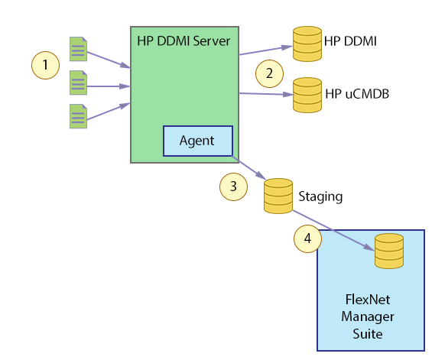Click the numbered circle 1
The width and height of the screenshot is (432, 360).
click(x=45, y=65)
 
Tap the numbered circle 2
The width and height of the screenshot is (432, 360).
click(x=268, y=73)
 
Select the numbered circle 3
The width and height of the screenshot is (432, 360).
click(x=233, y=186)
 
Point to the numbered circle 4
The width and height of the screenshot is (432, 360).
click(x=307, y=238)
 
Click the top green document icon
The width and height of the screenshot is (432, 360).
click(x=77, y=48)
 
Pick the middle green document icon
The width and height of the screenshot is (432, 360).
click(x=77, y=83)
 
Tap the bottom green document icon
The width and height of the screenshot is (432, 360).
click(x=77, y=116)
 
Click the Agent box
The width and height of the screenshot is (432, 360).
click(x=197, y=141)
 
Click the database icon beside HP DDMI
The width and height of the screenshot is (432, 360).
click(x=307, y=44)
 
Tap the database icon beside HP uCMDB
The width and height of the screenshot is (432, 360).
click(x=307, y=95)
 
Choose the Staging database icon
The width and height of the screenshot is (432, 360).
click(x=278, y=196)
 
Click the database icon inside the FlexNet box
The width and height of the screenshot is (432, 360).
click(x=388, y=250)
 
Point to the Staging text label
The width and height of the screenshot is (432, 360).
click(x=320, y=196)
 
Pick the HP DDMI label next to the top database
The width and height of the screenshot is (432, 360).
click(x=351, y=40)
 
